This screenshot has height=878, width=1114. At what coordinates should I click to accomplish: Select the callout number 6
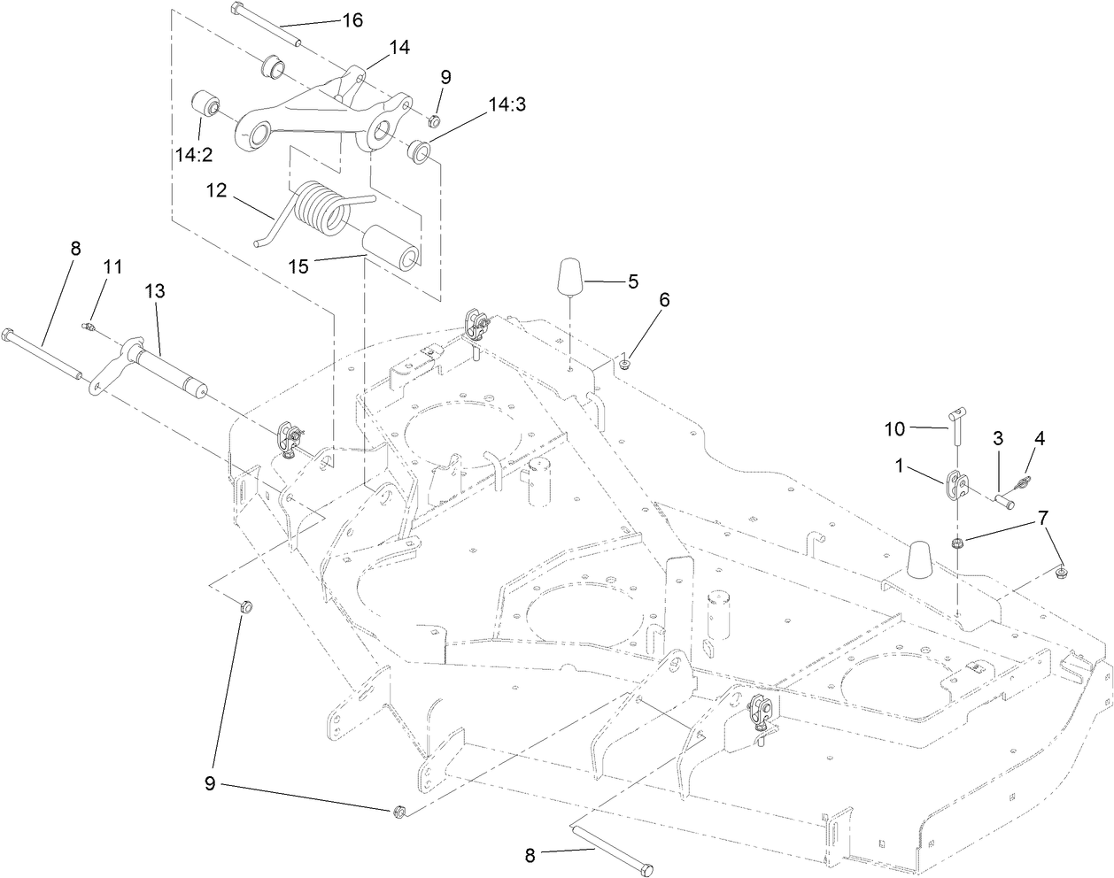pyautogui.click(x=663, y=299)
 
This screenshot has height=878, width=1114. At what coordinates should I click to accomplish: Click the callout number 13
pyautogui.click(x=156, y=290)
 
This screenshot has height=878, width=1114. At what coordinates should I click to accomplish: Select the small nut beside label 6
pyautogui.click(x=625, y=361)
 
